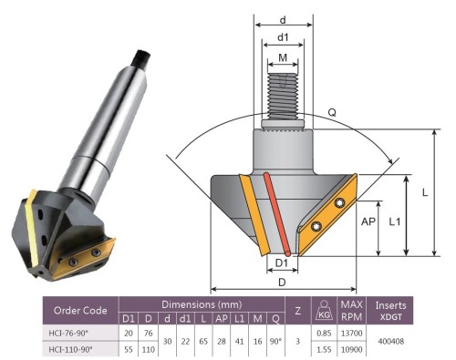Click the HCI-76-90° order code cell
68,334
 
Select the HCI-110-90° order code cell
70,350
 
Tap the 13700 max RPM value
351,334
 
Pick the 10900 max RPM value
351,350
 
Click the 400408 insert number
391,342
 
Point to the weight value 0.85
324,334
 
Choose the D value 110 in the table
149,350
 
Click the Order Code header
80,311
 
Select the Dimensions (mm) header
202,304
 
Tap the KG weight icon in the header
324,310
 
